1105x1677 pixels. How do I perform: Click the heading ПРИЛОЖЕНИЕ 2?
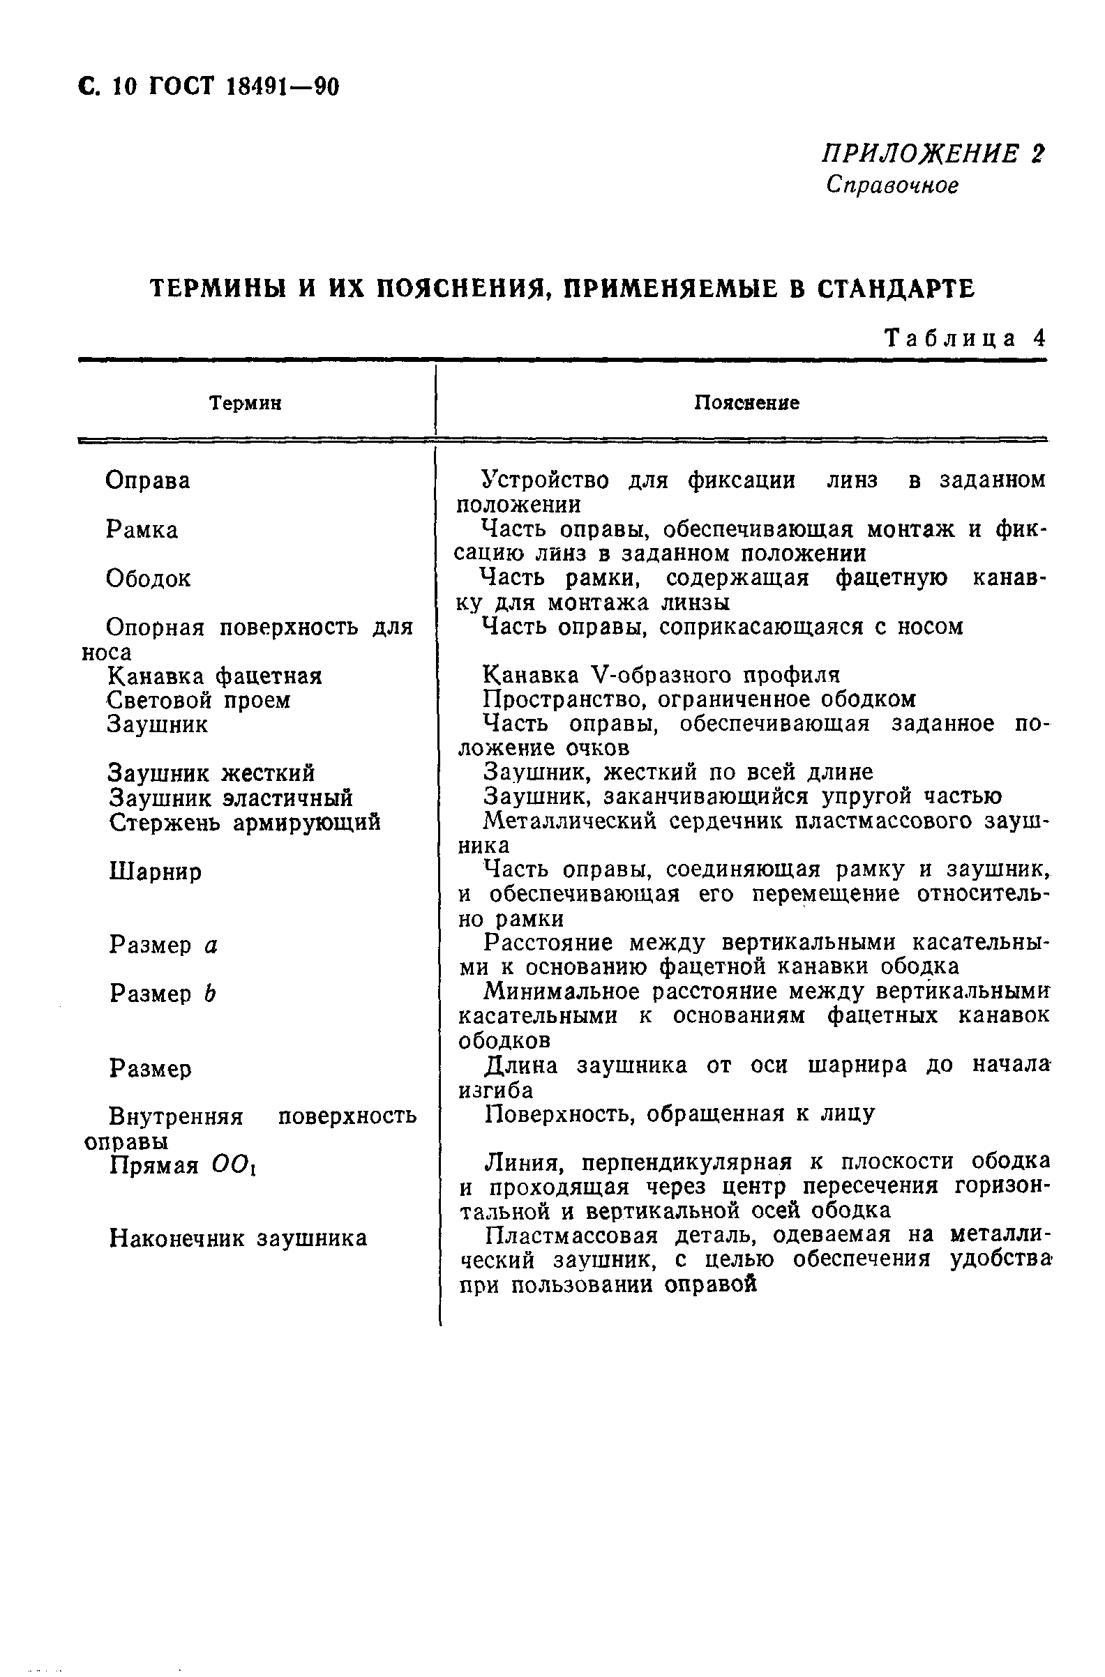(933, 153)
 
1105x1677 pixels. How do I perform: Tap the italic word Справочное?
(892, 185)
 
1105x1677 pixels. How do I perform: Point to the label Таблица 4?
(964, 339)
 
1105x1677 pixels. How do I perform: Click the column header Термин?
(246, 403)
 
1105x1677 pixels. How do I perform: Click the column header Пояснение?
(746, 403)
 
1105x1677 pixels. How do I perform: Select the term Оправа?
(148, 481)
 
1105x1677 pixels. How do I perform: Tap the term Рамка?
(142, 530)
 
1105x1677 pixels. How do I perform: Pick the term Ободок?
(148, 579)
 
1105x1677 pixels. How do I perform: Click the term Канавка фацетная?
(214, 676)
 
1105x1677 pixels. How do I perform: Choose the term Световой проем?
(198, 700)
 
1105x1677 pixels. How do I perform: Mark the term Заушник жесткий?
(211, 774)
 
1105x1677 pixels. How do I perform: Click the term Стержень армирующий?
(245, 822)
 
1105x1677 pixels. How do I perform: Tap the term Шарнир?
(155, 872)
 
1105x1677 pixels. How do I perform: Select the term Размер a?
(163, 945)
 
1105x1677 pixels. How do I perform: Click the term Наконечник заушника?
(238, 1238)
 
